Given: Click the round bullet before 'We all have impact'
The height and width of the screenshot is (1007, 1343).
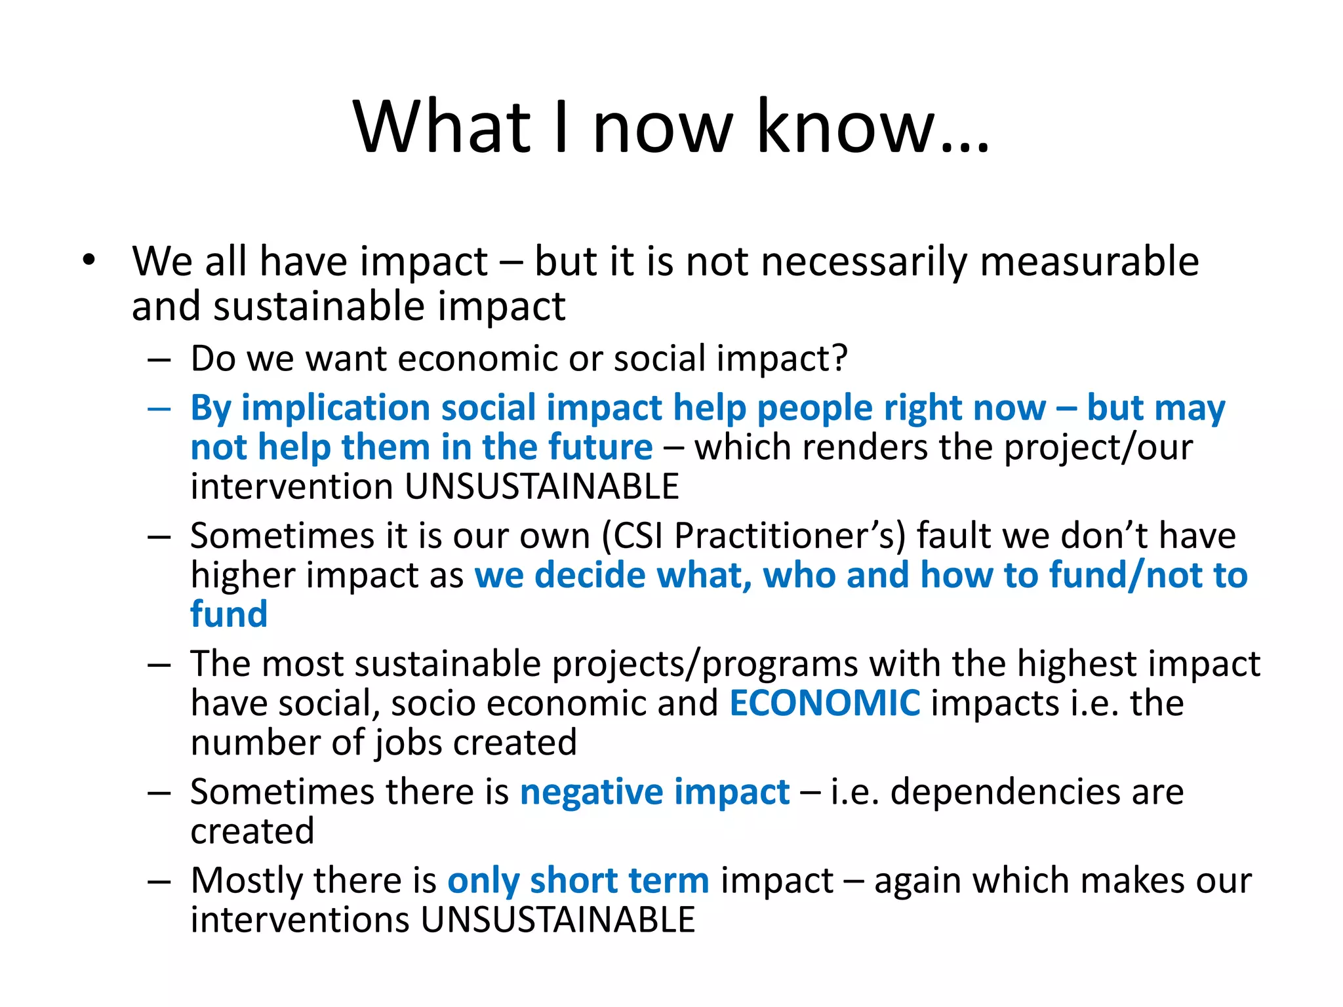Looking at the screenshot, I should pos(89,261).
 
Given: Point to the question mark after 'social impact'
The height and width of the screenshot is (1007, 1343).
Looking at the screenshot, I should pos(840,358).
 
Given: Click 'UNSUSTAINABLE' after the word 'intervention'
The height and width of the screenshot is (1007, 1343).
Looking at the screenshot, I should pos(542,487).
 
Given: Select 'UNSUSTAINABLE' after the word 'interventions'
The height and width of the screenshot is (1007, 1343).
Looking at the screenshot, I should pos(557,920).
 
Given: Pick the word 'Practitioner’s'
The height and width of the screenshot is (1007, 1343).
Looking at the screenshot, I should pos(784,536).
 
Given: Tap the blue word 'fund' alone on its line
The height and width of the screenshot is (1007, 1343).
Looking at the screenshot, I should pos(229,614).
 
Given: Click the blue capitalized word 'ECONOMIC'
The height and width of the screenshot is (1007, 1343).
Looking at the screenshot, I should pos(824,703).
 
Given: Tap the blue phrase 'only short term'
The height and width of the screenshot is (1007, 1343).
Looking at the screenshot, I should pos(578,880).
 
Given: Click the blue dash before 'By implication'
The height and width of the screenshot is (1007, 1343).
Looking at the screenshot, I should pos(159,409).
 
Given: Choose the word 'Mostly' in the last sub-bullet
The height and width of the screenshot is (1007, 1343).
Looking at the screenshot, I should pos(247,880).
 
